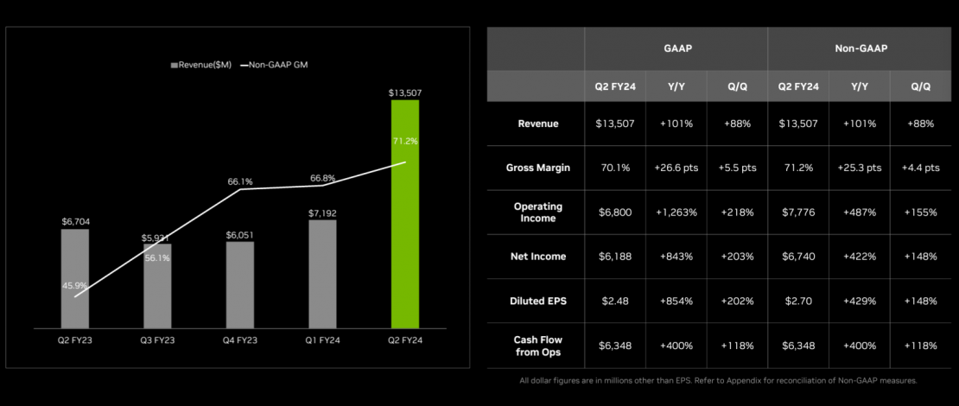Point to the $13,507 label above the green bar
tap(405, 92)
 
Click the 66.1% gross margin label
tap(239, 181)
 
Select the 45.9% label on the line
tap(74, 286)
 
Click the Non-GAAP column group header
tap(861, 48)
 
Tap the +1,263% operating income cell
tap(676, 212)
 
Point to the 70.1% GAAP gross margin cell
tap(614, 168)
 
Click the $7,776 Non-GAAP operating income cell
tap(797, 212)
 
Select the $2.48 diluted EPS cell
tap(614, 301)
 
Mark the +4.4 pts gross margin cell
tap(921, 168)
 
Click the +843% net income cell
tap(676, 257)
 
